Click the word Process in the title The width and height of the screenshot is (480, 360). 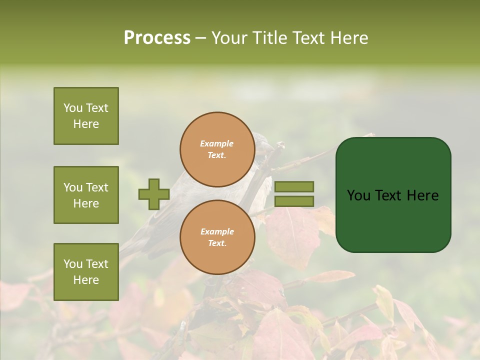pyautogui.click(x=157, y=38)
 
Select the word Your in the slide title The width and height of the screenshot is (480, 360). pyautogui.click(x=230, y=38)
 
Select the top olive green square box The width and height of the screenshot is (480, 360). pyautogui.click(x=86, y=116)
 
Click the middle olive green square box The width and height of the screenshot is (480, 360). pyautogui.click(x=86, y=195)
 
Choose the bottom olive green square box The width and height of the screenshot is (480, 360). pyautogui.click(x=86, y=271)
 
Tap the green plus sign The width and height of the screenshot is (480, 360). pyautogui.click(x=154, y=194)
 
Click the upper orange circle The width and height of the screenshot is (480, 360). pyautogui.click(x=217, y=149)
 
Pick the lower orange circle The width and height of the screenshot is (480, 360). pyautogui.click(x=217, y=237)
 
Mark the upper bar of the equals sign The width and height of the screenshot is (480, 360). pyautogui.click(x=294, y=186)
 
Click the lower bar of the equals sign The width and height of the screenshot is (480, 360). pyautogui.click(x=294, y=201)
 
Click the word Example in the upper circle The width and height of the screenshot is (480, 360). pyautogui.click(x=217, y=143)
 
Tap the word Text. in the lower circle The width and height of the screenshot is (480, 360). pyautogui.click(x=217, y=243)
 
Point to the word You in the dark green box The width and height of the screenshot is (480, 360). pyautogui.click(x=358, y=195)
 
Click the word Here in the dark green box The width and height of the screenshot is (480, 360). pyautogui.click(x=422, y=195)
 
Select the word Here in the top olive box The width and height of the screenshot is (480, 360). pyautogui.click(x=86, y=124)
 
